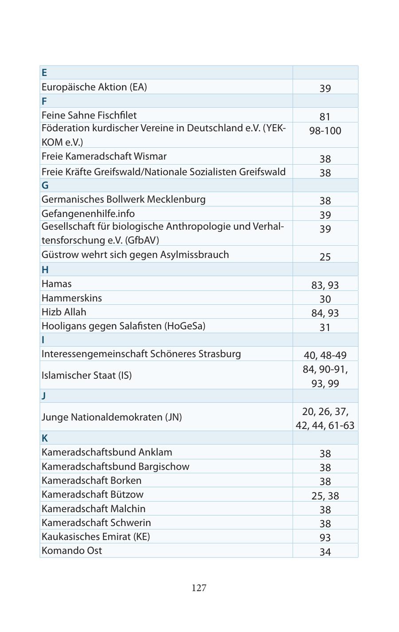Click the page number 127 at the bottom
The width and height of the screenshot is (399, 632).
[199, 588]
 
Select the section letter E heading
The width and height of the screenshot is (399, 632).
[44, 73]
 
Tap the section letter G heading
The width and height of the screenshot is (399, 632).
[45, 185]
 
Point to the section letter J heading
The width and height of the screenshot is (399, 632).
[43, 396]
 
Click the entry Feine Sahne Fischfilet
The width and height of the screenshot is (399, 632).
[89, 115]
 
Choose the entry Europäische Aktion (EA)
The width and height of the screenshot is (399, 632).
[94, 87]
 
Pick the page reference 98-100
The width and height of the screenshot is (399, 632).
[325, 131]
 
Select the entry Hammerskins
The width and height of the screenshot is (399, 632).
[71, 298]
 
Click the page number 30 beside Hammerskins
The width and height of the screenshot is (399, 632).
[325, 299]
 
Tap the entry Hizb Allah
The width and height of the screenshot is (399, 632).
[64, 312]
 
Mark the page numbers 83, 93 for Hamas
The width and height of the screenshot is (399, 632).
[325, 285]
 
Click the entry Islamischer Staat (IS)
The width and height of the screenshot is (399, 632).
[86, 375]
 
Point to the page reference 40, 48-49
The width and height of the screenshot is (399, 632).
[325, 355]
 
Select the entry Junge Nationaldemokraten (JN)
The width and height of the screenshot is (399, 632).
[111, 417]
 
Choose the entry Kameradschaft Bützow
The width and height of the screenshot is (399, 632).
[92, 494]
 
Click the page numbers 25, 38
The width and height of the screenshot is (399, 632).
[325, 495]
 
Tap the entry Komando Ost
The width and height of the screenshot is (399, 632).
[71, 550]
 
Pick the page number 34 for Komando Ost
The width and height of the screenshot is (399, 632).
[325, 552]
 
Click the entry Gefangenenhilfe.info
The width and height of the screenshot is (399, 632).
[88, 214]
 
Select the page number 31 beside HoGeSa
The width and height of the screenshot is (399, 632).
[325, 327]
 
